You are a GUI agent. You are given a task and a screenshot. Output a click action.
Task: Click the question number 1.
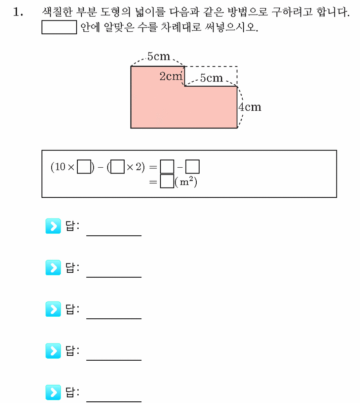(x=18, y=12)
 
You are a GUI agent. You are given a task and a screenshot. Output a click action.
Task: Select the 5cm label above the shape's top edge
(x=158, y=56)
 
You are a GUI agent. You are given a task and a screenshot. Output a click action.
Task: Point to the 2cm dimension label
(x=171, y=76)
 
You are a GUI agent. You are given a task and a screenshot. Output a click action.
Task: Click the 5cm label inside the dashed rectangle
(x=211, y=78)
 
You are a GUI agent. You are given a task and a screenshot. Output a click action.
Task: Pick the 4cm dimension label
(x=250, y=107)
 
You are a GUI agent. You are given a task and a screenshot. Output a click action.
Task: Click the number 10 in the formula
(x=60, y=167)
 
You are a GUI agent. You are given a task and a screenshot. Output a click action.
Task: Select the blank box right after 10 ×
(x=84, y=166)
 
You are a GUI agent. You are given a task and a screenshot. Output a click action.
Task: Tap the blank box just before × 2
(x=117, y=166)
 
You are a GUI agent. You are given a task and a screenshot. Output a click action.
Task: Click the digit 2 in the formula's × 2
(x=138, y=167)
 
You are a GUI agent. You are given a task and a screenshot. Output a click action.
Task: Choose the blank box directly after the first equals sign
(x=167, y=166)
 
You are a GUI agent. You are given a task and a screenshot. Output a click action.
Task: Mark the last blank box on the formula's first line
(x=192, y=166)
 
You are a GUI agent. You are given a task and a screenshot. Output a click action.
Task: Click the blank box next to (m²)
(x=167, y=181)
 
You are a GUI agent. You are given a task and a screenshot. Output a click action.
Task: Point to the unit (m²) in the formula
(x=186, y=182)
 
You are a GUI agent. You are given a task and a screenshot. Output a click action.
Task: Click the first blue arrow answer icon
(x=53, y=226)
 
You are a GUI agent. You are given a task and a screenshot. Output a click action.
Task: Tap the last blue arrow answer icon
(x=53, y=392)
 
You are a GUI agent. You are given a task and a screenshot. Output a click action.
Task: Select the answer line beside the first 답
(x=114, y=235)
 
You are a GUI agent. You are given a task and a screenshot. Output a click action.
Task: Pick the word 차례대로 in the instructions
(x=181, y=27)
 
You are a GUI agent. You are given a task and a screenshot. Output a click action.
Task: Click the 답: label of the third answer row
(x=72, y=309)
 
